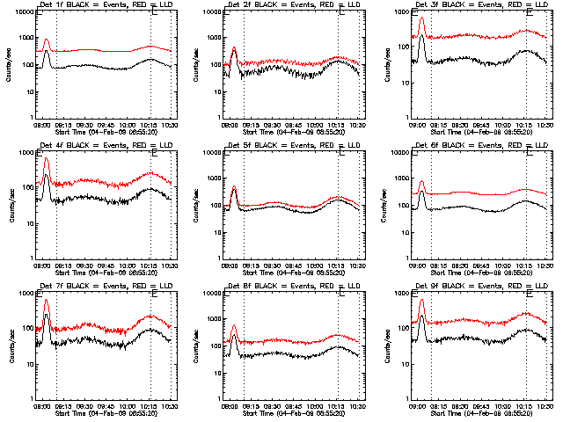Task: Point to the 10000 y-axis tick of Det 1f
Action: [25, 12]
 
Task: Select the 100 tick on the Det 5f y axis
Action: [216, 206]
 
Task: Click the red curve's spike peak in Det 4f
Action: [47, 158]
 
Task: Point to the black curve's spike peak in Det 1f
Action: [47, 51]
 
